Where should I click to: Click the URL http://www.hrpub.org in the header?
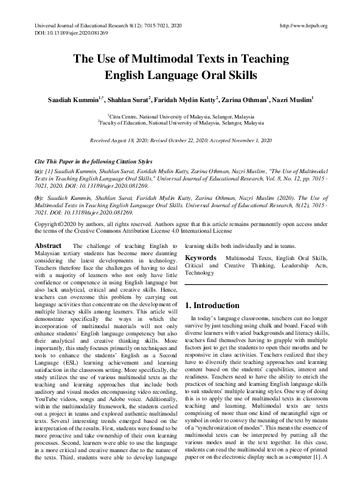(x=302, y=26)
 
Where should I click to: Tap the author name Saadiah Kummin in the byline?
(x=72, y=99)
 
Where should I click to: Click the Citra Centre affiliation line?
(x=181, y=115)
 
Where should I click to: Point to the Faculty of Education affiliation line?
(x=181, y=122)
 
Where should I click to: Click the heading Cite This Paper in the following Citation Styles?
(x=94, y=163)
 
